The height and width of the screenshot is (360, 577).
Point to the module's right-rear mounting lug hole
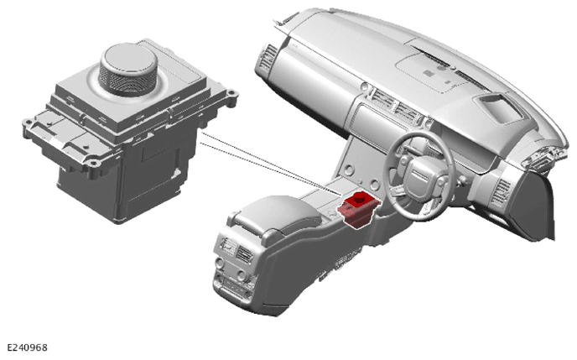point(231,92)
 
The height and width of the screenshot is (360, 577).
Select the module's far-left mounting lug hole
point(28,122)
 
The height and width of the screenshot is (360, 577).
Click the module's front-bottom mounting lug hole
point(93,162)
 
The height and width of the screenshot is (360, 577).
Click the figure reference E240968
point(27,348)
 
